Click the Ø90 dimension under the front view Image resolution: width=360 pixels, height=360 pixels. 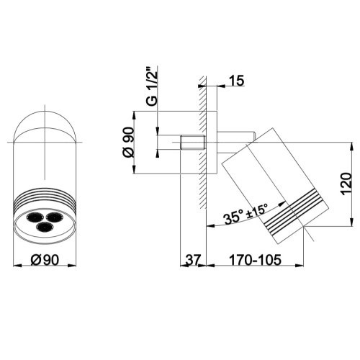tap(45, 259)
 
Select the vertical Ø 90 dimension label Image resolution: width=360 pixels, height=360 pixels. tap(128, 143)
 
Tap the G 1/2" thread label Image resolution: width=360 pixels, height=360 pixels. tap(152, 87)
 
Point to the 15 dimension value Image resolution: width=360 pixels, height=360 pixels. tap(236, 81)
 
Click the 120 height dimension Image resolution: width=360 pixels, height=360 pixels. tap(346, 184)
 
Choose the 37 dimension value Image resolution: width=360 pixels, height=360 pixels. tap(193, 260)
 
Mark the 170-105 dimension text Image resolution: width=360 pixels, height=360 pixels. tap(255, 260)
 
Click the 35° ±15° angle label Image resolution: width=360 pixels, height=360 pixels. tap(246, 214)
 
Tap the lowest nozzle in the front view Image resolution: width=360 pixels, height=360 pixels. tap(43, 227)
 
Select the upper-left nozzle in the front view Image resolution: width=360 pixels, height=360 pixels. tap(34, 217)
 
